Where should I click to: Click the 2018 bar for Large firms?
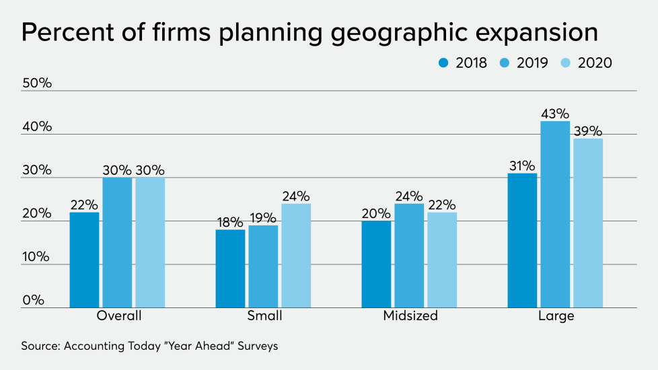pyautogui.click(x=522, y=240)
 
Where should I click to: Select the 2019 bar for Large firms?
pyautogui.click(x=555, y=214)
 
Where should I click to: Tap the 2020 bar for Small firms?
pyautogui.click(x=296, y=256)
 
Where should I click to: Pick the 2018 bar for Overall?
pyautogui.click(x=84, y=260)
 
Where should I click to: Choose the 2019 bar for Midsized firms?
pyautogui.click(x=409, y=256)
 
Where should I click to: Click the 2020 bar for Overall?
pyautogui.click(x=150, y=242)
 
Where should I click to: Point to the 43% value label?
pyautogui.click(x=555, y=113)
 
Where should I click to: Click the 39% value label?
pyautogui.click(x=588, y=131)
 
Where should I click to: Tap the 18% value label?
pyautogui.click(x=230, y=221)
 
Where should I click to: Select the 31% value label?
pyautogui.click(x=522, y=165)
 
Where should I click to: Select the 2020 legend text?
pyautogui.click(x=594, y=63)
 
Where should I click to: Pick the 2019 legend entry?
pyautogui.click(x=523, y=63)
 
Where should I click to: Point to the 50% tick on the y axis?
pyautogui.click(x=37, y=83)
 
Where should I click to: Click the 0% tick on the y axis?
pyautogui.click(x=33, y=300)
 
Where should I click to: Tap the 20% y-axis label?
pyautogui.click(x=37, y=213)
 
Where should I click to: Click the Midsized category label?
pyautogui.click(x=410, y=316)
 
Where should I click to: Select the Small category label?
pyautogui.click(x=264, y=316)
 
